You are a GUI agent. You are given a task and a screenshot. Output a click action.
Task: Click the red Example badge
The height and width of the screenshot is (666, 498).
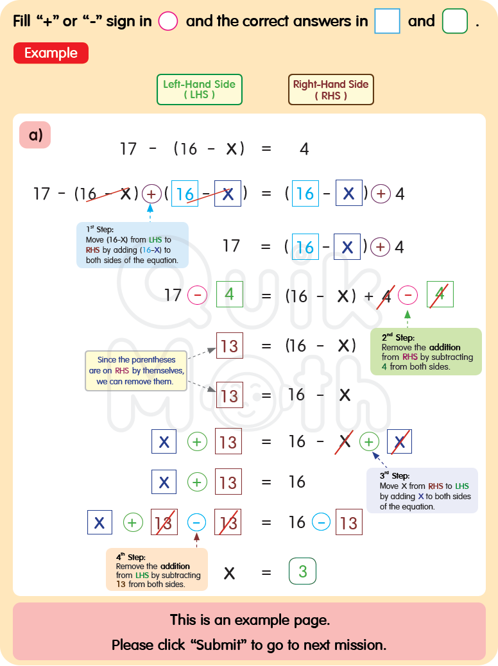(51, 53)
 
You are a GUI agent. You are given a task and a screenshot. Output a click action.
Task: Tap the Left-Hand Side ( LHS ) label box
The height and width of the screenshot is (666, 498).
(199, 89)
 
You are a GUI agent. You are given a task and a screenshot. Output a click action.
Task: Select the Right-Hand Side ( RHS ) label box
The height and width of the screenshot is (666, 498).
(331, 89)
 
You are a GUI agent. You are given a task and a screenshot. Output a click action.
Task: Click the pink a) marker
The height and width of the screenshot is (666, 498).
(35, 135)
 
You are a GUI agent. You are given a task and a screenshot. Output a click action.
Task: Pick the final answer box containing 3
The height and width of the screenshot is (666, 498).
(303, 571)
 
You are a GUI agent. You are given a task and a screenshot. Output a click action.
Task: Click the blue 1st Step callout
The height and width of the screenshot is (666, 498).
(132, 244)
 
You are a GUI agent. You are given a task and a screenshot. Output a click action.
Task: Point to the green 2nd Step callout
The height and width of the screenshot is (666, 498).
(426, 352)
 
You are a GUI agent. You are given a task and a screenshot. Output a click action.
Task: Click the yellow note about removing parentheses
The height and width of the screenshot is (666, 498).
(136, 371)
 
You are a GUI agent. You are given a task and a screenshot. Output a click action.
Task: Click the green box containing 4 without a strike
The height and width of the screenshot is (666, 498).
(229, 295)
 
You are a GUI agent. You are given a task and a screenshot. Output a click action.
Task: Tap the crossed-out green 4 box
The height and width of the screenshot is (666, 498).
(440, 295)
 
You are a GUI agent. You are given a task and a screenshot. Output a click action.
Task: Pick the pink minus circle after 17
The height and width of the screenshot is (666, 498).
(197, 295)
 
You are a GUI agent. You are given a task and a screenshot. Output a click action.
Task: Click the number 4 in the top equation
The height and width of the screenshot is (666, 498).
(304, 149)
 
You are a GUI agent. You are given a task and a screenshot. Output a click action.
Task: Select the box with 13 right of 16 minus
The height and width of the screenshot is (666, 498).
(348, 522)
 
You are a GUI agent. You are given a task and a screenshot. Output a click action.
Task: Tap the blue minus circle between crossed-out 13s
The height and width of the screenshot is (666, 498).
(197, 522)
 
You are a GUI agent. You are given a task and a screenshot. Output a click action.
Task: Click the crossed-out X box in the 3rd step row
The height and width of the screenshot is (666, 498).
(400, 441)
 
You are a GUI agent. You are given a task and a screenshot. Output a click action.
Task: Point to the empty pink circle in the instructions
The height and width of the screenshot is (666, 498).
(167, 21)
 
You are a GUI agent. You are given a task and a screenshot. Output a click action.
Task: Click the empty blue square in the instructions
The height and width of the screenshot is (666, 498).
(387, 21)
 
